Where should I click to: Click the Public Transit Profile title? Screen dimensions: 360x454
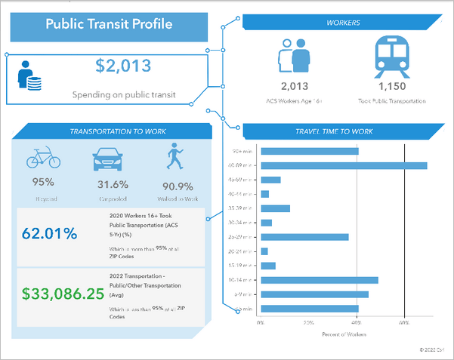pyautogui.click(x=109, y=24)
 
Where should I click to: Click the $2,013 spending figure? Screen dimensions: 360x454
pyautogui.click(x=124, y=66)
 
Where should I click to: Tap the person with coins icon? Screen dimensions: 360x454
pyautogui.click(x=29, y=75)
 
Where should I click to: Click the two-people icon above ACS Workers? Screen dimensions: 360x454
pyautogui.click(x=295, y=54)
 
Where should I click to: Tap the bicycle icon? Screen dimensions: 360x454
pyautogui.click(x=43, y=158)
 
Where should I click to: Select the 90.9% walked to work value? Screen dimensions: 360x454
pyautogui.click(x=177, y=186)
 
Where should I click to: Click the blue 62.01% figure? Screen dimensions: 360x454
pyautogui.click(x=51, y=234)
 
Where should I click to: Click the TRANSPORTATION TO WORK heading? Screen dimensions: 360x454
pyautogui.click(x=110, y=131)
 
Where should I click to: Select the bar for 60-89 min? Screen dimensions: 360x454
pyautogui.click(x=344, y=165)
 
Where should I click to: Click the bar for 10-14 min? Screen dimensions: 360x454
pyautogui.click(x=319, y=280)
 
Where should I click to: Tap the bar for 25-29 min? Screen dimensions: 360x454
pyautogui.click(x=304, y=237)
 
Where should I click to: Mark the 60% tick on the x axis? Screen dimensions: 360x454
pyautogui.click(x=405, y=322)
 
